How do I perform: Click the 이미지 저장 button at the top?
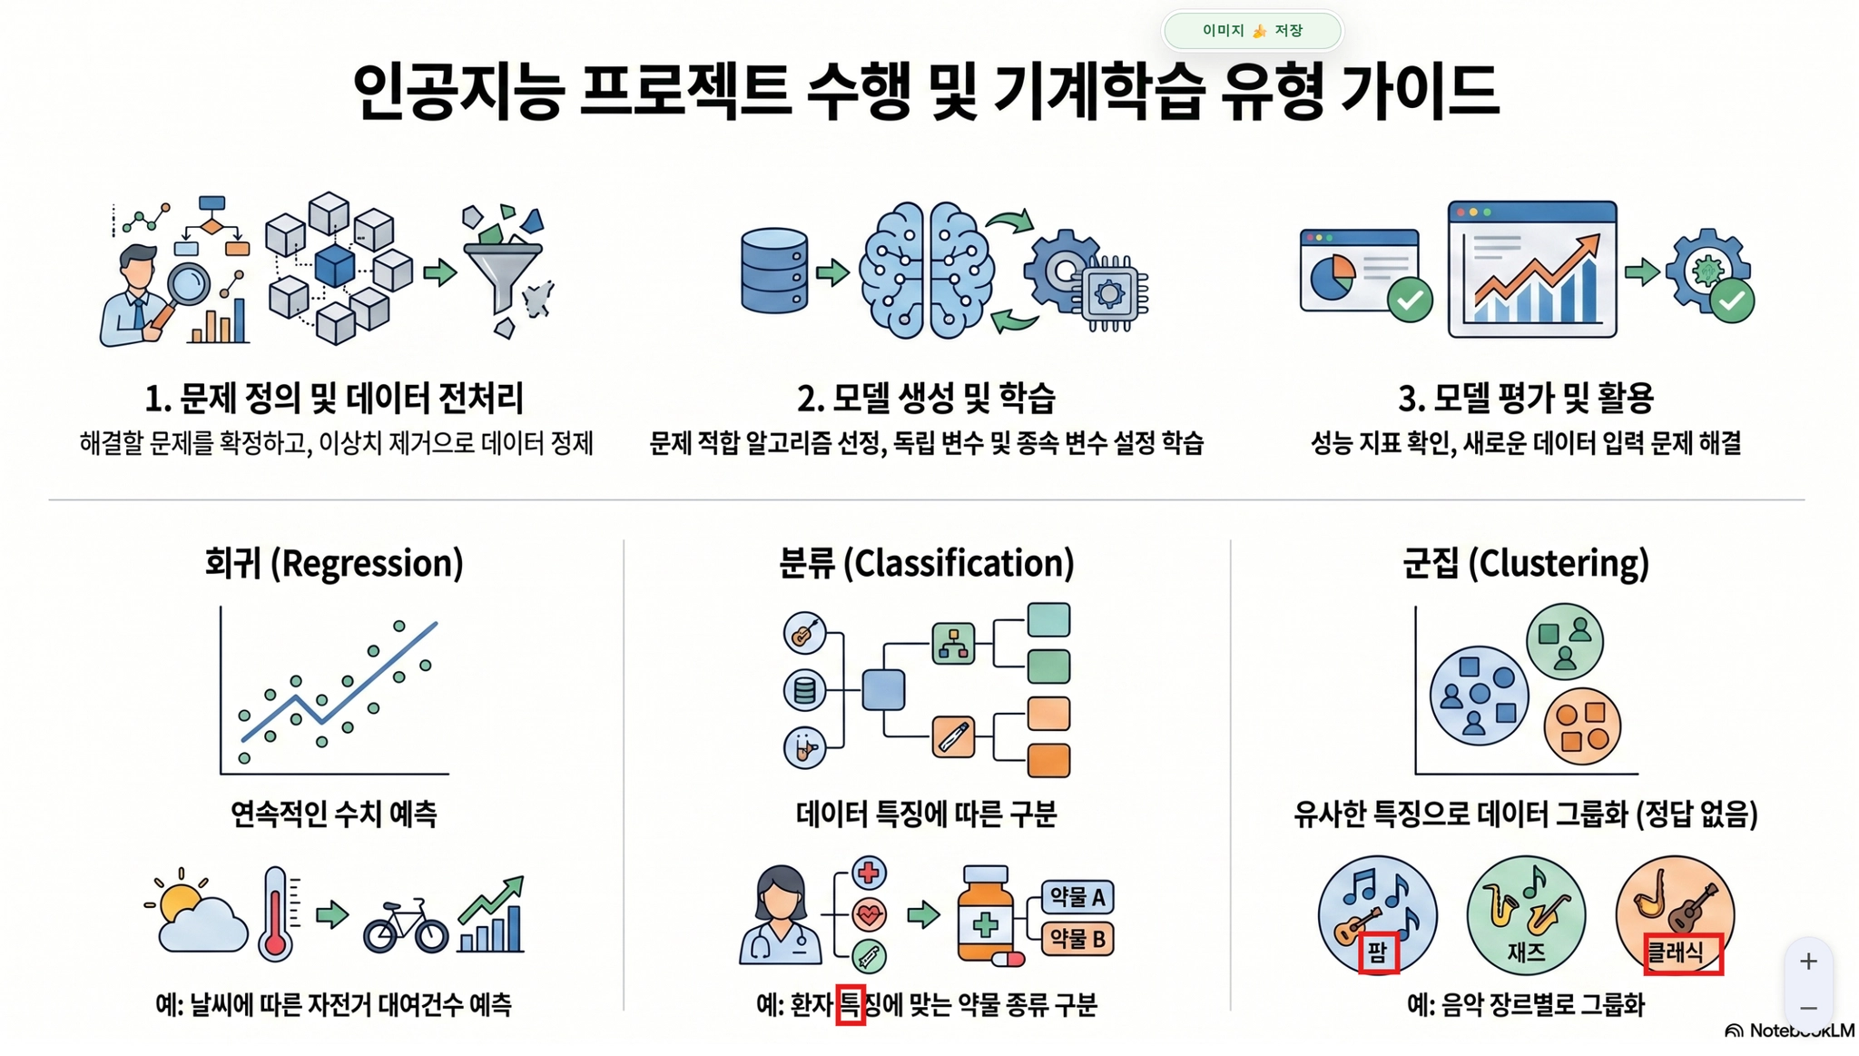tap(1252, 31)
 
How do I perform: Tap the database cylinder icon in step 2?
tap(773, 271)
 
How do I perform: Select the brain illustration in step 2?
tap(926, 271)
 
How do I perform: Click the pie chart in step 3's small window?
tap(1332, 277)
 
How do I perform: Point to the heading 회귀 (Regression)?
tap(334, 564)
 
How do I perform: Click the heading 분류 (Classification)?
tap(927, 564)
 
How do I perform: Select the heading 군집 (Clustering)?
tap(1526, 564)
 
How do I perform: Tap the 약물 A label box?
tap(1077, 897)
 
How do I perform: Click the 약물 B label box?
tap(1077, 939)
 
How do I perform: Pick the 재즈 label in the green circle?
tap(1526, 952)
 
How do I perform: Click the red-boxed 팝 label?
tap(1378, 953)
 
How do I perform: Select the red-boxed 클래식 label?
tap(1683, 953)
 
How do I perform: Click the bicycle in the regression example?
tap(406, 926)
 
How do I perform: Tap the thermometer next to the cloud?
tap(278, 913)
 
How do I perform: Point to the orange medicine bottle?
tap(986, 913)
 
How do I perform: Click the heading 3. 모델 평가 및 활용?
tap(1526, 398)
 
